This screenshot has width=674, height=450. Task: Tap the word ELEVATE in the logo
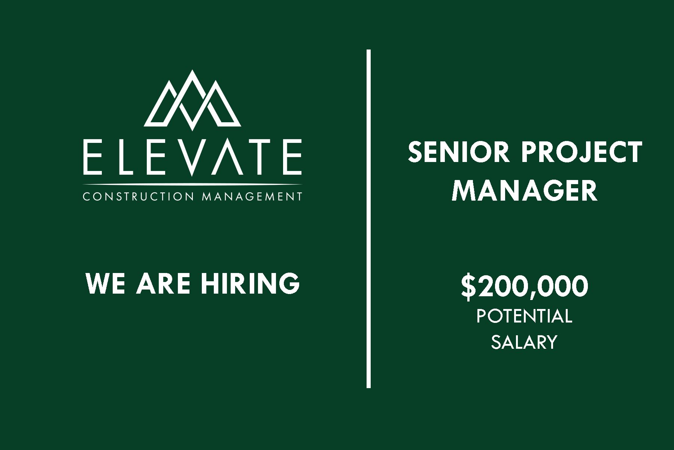pos(192,157)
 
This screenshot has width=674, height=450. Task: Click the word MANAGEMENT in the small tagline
pos(252,196)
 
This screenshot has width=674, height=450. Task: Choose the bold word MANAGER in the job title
pos(524,190)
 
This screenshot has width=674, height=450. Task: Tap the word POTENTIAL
pos(524,316)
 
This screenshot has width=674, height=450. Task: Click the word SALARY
pos(524,342)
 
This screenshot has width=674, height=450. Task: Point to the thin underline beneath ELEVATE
pos(192,184)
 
